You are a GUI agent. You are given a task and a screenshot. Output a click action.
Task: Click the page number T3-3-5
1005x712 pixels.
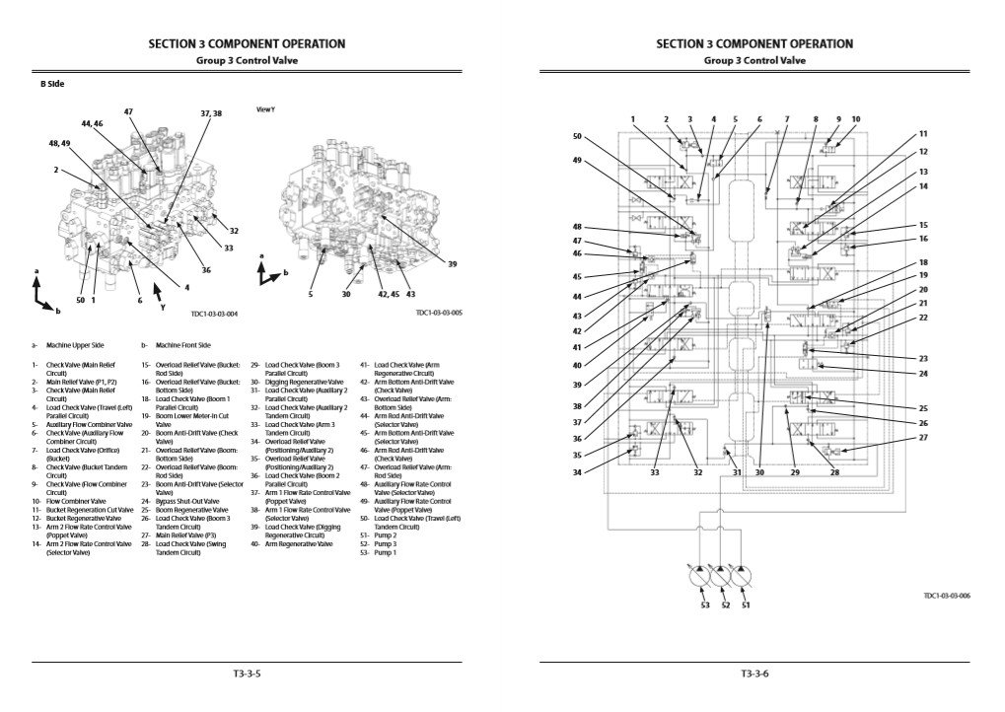tap(246, 675)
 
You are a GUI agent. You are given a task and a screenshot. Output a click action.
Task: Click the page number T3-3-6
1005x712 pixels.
tap(754, 675)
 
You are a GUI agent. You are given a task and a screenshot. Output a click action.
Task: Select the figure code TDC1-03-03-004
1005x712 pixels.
tap(214, 314)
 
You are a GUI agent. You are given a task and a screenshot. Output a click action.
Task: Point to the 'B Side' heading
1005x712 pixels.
tap(52, 86)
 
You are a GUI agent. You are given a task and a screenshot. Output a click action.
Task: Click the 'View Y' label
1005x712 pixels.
tap(265, 109)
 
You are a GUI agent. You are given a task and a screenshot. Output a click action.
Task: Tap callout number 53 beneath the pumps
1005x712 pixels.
tap(704, 605)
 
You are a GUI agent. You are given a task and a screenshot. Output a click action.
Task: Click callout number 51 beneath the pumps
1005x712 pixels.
tap(746, 605)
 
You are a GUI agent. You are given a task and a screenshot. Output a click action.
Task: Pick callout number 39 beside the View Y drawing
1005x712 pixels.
tap(453, 264)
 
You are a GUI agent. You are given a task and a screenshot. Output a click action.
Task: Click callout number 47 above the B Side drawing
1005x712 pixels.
tap(128, 111)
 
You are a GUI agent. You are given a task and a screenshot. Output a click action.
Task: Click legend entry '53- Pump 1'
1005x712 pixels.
tap(379, 552)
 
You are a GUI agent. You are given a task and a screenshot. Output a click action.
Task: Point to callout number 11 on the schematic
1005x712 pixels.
tap(923, 133)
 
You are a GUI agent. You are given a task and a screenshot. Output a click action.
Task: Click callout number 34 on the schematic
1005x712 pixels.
tap(577, 472)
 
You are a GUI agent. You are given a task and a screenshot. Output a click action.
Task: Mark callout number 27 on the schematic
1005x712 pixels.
tap(923, 437)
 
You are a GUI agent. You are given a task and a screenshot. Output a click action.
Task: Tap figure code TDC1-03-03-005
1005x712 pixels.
tap(439, 314)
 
